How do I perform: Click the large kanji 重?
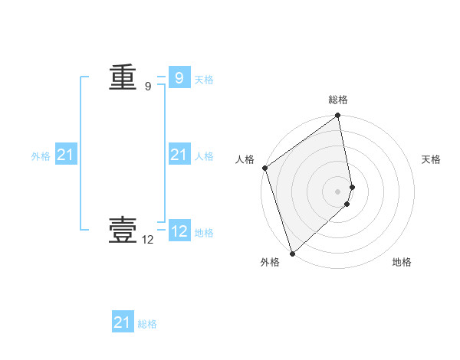click(x=123, y=77)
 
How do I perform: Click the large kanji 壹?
click(x=123, y=229)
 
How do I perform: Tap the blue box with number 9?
click(x=179, y=77)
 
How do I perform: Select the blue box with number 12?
click(x=179, y=231)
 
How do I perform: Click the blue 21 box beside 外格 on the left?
click(x=66, y=155)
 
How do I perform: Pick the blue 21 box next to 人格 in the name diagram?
click(x=179, y=155)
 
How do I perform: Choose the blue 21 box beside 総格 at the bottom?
click(x=123, y=322)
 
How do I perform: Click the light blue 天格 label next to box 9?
click(x=204, y=80)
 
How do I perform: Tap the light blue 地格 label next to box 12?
click(x=204, y=233)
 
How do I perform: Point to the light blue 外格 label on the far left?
click(x=41, y=156)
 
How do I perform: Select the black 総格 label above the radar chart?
click(x=338, y=100)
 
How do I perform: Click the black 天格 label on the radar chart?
click(x=432, y=159)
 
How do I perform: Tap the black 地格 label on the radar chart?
click(x=402, y=263)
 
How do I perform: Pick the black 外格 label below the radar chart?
click(x=270, y=263)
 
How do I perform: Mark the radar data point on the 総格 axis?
click(x=338, y=116)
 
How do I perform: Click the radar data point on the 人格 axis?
click(x=264, y=168)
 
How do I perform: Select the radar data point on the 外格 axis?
click(x=292, y=253)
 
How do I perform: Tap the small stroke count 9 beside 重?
click(x=148, y=87)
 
